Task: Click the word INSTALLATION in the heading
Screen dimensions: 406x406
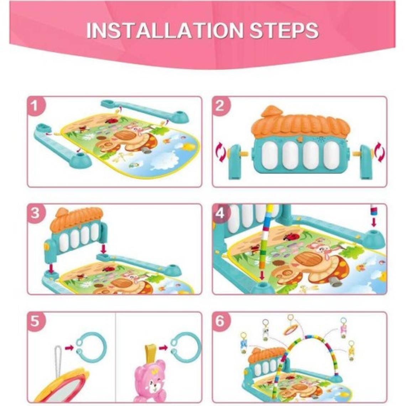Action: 165,31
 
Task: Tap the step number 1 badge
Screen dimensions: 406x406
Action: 35,106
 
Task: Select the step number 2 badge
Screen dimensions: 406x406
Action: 220,106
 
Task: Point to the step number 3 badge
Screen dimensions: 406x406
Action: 35,213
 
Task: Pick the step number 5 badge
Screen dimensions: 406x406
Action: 35,321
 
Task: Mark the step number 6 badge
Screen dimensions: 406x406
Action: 220,321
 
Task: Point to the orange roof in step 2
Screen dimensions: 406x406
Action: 300,123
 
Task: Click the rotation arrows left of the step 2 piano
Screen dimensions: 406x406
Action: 221,154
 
